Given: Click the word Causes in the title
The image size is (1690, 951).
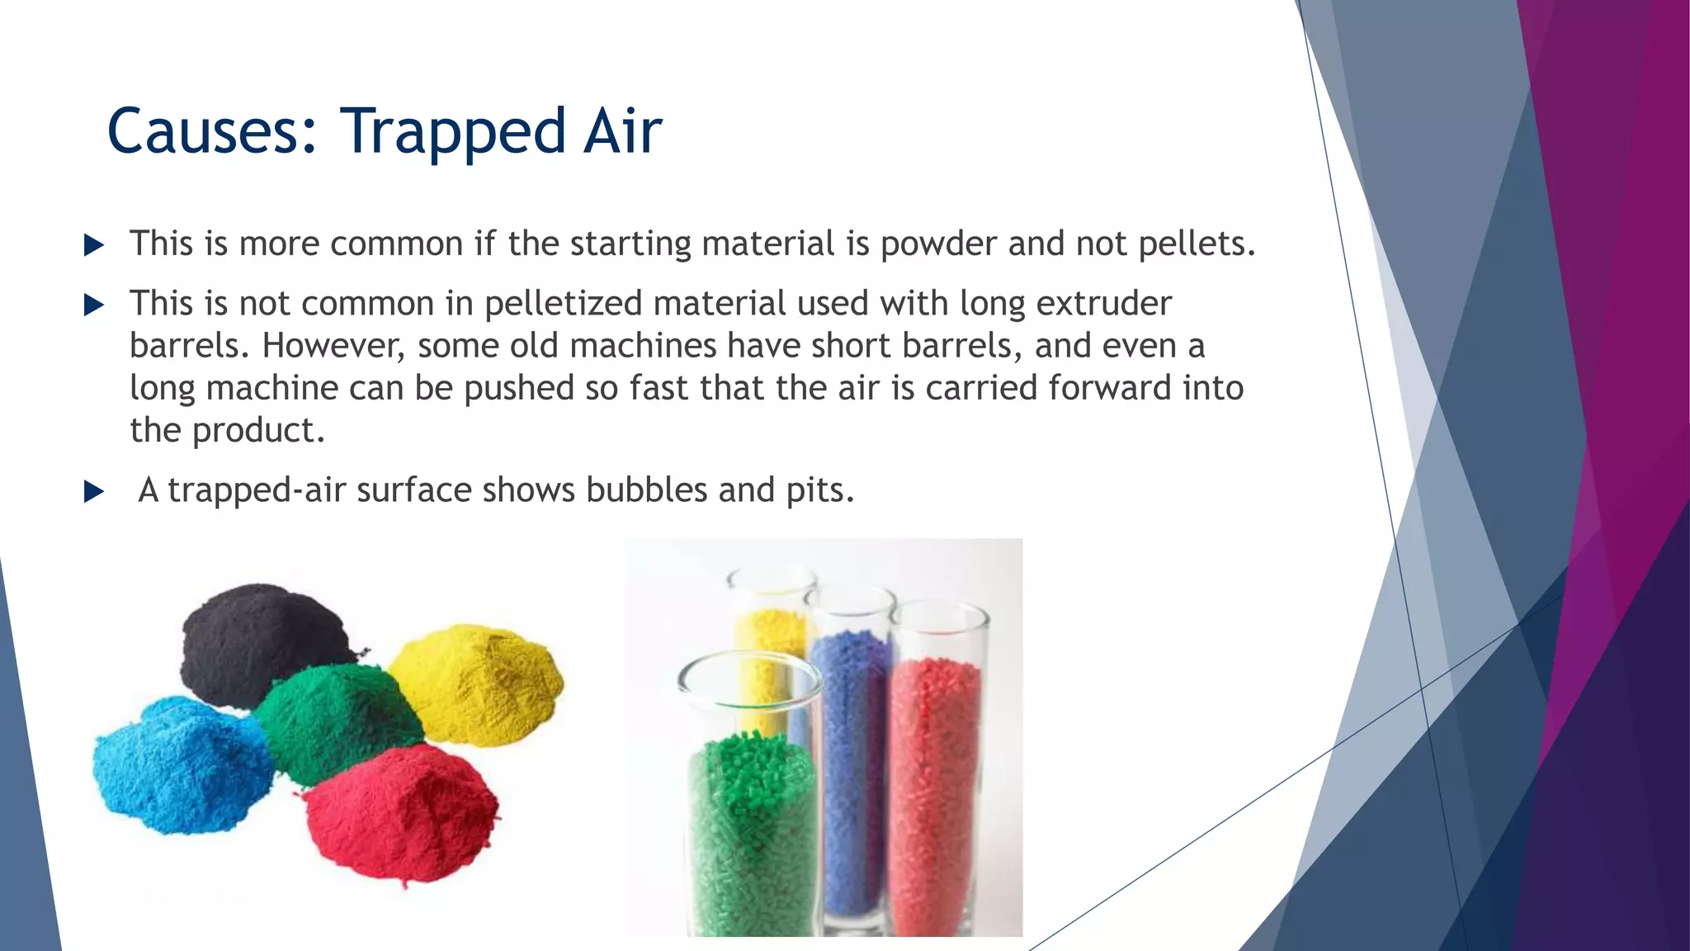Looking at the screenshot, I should [x=211, y=132].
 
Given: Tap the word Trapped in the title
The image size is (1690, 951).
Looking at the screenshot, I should [x=455, y=132].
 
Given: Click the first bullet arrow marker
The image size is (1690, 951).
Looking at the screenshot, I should [x=94, y=245].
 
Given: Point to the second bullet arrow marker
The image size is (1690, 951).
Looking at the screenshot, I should [x=94, y=305].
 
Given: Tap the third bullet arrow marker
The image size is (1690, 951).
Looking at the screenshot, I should [x=94, y=492].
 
